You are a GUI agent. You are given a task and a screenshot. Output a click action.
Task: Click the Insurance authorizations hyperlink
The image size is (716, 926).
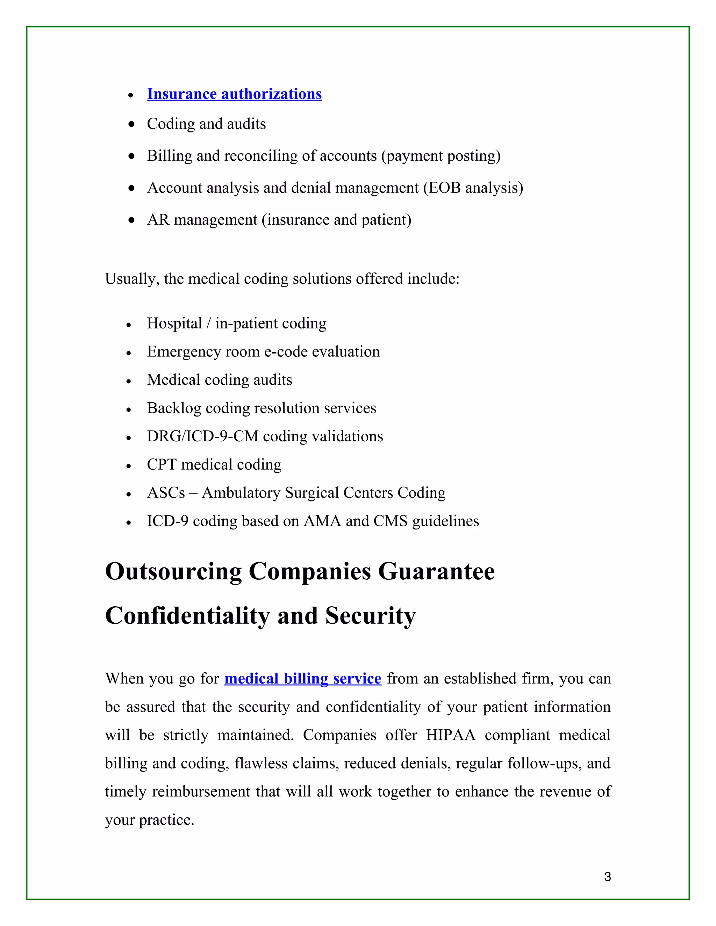[x=234, y=94]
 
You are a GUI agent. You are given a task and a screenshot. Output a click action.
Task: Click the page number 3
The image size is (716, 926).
[x=607, y=876]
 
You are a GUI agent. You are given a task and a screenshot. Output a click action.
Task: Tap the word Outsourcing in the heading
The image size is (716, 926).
[x=173, y=572]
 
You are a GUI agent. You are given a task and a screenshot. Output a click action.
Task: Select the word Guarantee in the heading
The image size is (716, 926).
[x=436, y=572]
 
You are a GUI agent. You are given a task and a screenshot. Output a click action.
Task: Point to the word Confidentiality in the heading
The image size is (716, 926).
[x=187, y=616]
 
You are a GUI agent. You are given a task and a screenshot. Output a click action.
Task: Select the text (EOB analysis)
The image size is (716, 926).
[x=473, y=188]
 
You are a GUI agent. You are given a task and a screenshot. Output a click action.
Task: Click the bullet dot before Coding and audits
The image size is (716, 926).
[x=131, y=124]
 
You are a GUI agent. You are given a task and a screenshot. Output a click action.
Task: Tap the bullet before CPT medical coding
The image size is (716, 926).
[x=129, y=466]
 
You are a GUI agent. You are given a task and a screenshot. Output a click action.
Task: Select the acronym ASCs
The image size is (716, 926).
[x=166, y=493]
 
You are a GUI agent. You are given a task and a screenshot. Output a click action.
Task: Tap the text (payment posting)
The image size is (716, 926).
[x=441, y=156]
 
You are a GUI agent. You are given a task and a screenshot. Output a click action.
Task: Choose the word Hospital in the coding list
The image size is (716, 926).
[x=174, y=324]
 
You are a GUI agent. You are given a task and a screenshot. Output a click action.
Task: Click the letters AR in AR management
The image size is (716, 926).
[x=158, y=220]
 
